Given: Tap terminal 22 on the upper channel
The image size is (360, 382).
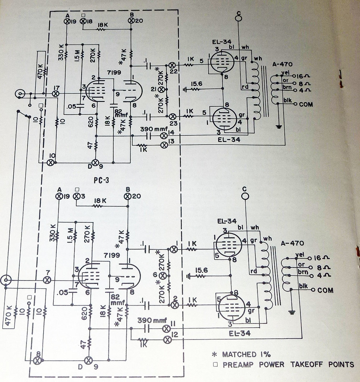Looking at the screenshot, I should pos(173,64).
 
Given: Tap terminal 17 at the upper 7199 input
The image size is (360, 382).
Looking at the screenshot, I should pos(56,93).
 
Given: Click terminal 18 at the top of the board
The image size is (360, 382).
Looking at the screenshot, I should pos(84,22).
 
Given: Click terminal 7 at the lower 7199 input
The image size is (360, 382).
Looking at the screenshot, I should pos(47,280).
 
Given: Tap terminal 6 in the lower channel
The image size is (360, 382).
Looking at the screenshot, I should pos(162,275).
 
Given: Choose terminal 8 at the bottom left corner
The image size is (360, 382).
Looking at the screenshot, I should pos(37,361).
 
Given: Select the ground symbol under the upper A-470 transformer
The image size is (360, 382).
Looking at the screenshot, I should pos(278,126).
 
